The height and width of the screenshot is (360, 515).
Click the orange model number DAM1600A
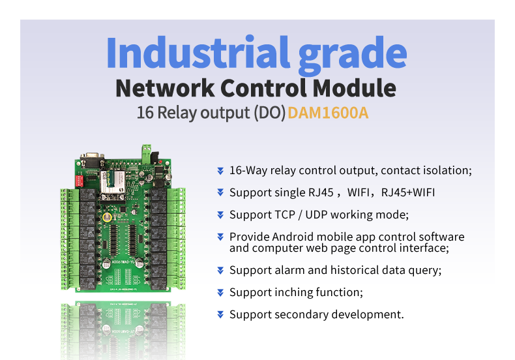tap(328, 113)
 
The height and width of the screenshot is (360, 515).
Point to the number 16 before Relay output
tap(144, 113)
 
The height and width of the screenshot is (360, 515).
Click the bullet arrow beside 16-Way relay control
tap(220, 171)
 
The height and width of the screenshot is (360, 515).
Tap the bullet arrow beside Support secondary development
tap(220, 315)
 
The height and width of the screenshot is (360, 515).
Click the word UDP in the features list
tap(329, 215)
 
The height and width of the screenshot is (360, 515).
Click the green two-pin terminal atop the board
tap(143, 151)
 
